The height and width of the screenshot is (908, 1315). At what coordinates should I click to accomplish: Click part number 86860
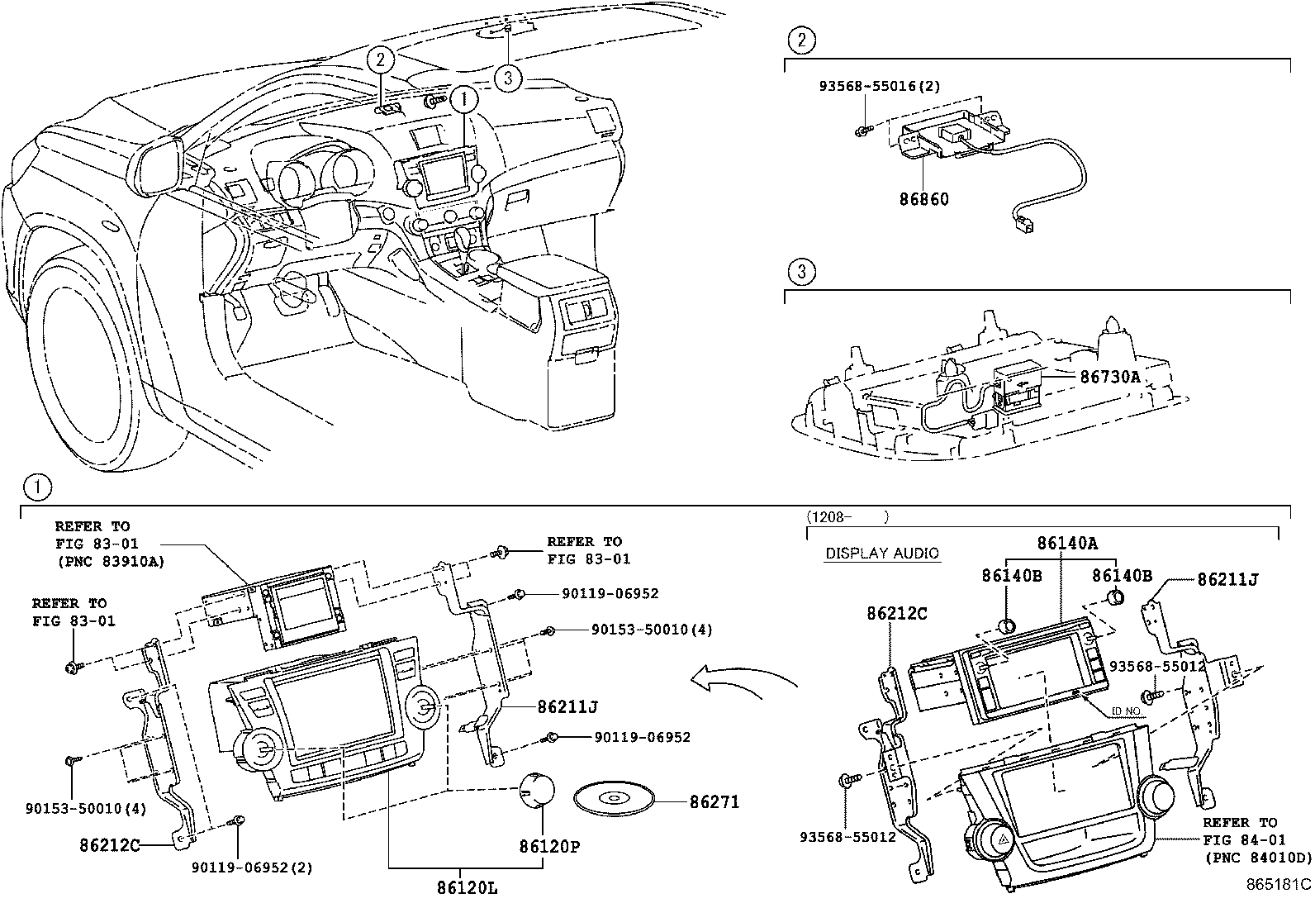click(923, 199)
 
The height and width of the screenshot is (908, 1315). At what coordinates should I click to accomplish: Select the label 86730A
click(1109, 377)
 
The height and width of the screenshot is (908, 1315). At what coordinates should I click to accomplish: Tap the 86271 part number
click(714, 801)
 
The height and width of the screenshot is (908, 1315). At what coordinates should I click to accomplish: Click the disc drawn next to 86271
click(614, 799)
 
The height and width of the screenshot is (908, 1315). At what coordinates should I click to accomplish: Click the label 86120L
click(468, 888)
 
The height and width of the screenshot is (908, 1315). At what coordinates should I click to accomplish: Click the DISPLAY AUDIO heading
click(882, 554)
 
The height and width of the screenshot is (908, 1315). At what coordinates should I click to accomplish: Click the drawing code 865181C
click(1279, 884)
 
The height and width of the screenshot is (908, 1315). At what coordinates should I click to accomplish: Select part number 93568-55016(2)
click(880, 85)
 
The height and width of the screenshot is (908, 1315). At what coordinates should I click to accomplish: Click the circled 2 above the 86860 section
click(801, 39)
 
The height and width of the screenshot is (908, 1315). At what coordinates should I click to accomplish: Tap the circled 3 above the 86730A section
click(801, 271)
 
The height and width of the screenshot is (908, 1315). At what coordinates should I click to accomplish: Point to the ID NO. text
click(1127, 710)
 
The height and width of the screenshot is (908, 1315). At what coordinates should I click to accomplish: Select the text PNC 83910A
click(111, 562)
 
